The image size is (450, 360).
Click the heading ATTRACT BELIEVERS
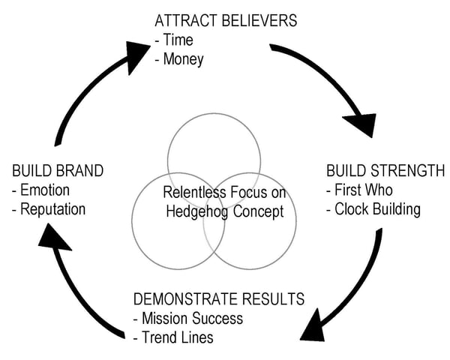pyautogui.click(x=225, y=20)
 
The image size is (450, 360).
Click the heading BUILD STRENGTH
pyautogui.click(x=385, y=170)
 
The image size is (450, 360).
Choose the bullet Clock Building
pyautogui.click(x=374, y=209)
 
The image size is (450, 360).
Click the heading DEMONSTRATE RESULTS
pyautogui.click(x=218, y=298)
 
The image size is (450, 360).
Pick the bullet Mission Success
pyautogui.click(x=188, y=318)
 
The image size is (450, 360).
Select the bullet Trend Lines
pyautogui.click(x=173, y=337)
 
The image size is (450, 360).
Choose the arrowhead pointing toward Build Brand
pyautogui.click(x=54, y=238)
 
